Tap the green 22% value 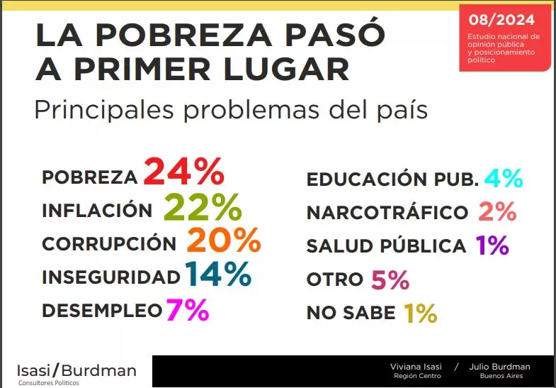click(x=203, y=207)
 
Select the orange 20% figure click(x=224, y=241)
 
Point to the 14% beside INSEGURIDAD click(x=218, y=275)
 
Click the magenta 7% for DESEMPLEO click(x=187, y=309)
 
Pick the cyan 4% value click(x=504, y=177)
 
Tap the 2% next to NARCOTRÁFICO click(x=497, y=211)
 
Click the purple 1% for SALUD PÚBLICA click(x=492, y=245)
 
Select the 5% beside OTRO click(x=390, y=279)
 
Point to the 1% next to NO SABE click(x=420, y=313)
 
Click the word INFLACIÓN click(x=97, y=211)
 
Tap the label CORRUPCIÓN click(x=109, y=243)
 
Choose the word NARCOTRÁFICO click(x=387, y=212)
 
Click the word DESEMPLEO click(x=102, y=311)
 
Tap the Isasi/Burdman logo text click(x=76, y=370)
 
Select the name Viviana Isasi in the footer click(x=416, y=367)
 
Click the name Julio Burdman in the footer click(x=504, y=367)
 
